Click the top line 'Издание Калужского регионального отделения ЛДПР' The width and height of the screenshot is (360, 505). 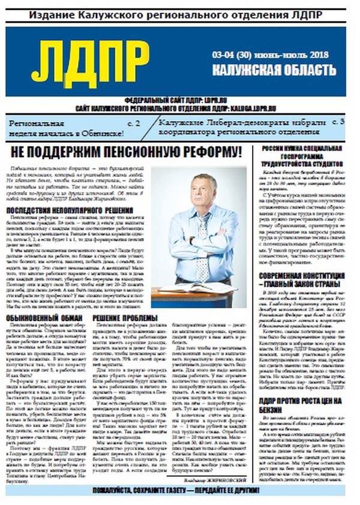click(179, 12)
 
